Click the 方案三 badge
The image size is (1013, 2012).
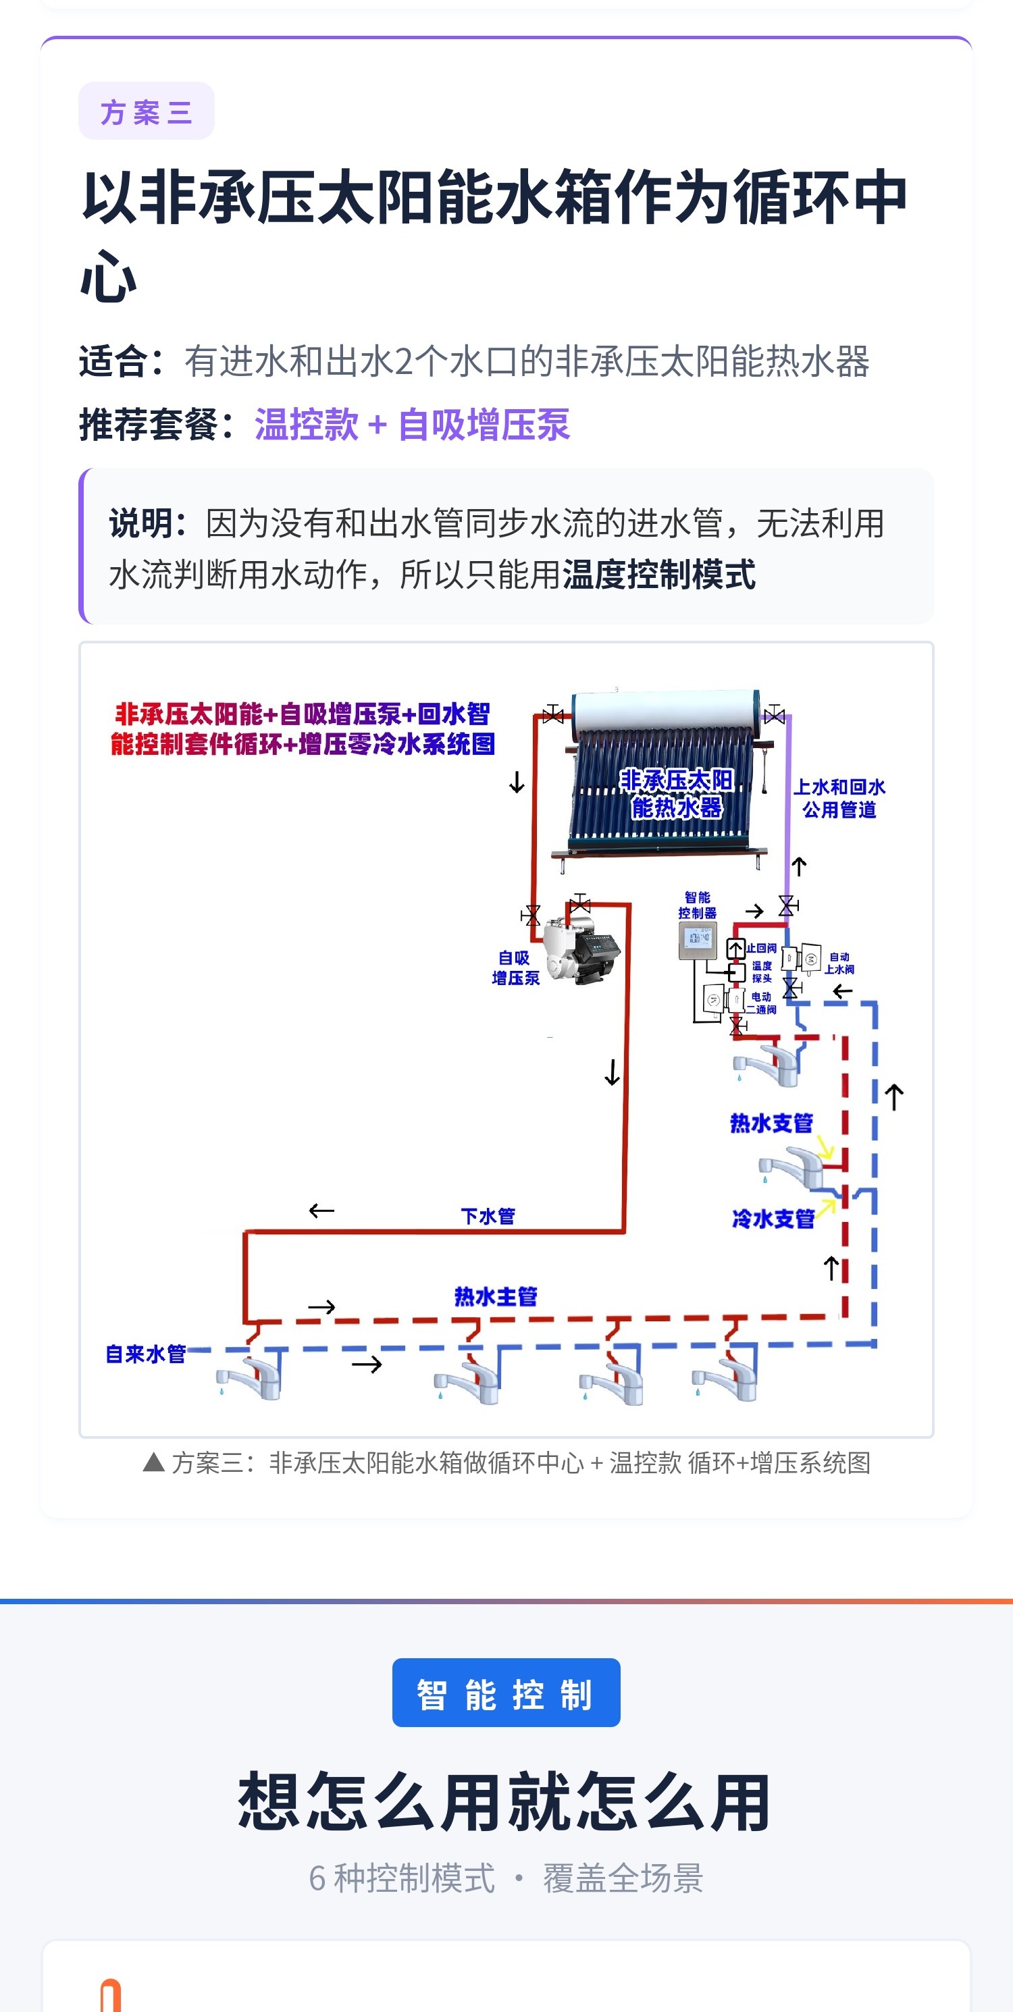click(146, 111)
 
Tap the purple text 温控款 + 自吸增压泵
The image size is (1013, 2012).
click(413, 425)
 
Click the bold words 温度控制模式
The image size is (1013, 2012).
click(659, 575)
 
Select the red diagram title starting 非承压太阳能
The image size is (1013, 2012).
click(303, 729)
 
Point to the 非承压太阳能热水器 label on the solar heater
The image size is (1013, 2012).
click(677, 793)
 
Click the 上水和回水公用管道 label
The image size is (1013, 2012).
click(839, 798)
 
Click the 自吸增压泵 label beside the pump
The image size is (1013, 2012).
click(515, 968)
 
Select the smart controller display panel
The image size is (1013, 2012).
click(698, 941)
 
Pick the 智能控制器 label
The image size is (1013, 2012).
click(698, 905)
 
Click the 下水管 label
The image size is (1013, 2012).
click(488, 1216)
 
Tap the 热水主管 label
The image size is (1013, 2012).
click(496, 1296)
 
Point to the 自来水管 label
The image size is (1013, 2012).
click(146, 1354)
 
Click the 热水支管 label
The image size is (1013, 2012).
click(772, 1123)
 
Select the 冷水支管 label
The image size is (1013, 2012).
click(773, 1219)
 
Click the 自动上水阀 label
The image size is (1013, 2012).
click(839, 963)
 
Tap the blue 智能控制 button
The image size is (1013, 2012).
click(506, 1693)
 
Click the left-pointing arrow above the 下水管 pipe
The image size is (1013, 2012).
click(321, 1211)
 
